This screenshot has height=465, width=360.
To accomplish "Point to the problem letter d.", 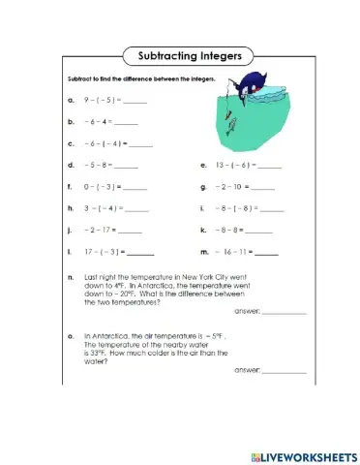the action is pos(71,166).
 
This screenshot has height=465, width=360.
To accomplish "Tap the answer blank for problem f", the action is pos(135,187).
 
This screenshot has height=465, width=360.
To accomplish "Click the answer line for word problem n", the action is pos(284,314).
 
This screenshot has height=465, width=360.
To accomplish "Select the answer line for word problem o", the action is pos(284,372).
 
